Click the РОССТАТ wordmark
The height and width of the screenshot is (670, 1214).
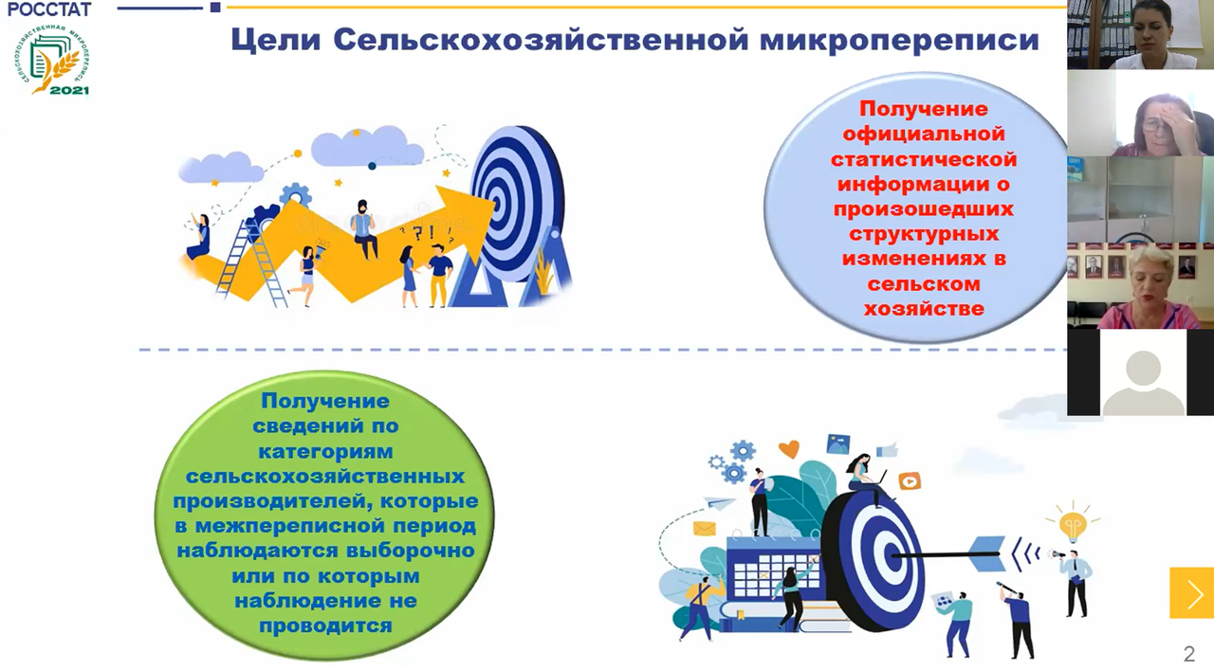pyautogui.click(x=49, y=9)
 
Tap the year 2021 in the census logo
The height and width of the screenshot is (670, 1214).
pyautogui.click(x=69, y=90)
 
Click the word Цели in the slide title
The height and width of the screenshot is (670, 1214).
pyautogui.click(x=275, y=40)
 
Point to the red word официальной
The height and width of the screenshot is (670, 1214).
pyautogui.click(x=924, y=134)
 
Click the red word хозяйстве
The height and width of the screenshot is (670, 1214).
pyautogui.click(x=924, y=309)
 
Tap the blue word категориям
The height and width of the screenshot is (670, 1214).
pyautogui.click(x=325, y=452)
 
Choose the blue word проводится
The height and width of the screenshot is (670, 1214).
pyautogui.click(x=325, y=626)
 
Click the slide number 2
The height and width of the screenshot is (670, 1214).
pyautogui.click(x=1189, y=654)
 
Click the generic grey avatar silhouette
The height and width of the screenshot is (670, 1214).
pyautogui.click(x=1143, y=382)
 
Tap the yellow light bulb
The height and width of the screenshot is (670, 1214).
pyautogui.click(x=1073, y=523)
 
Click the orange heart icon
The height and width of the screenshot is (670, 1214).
pyautogui.click(x=788, y=448)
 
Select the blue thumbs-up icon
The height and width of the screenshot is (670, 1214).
pyautogui.click(x=887, y=450)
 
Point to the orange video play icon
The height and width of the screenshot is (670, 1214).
pyautogui.click(x=909, y=481)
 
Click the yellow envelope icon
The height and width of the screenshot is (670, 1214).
pyautogui.click(x=704, y=528)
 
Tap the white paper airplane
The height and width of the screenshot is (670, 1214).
pyautogui.click(x=719, y=503)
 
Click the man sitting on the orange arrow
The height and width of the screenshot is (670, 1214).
pyautogui.click(x=364, y=229)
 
